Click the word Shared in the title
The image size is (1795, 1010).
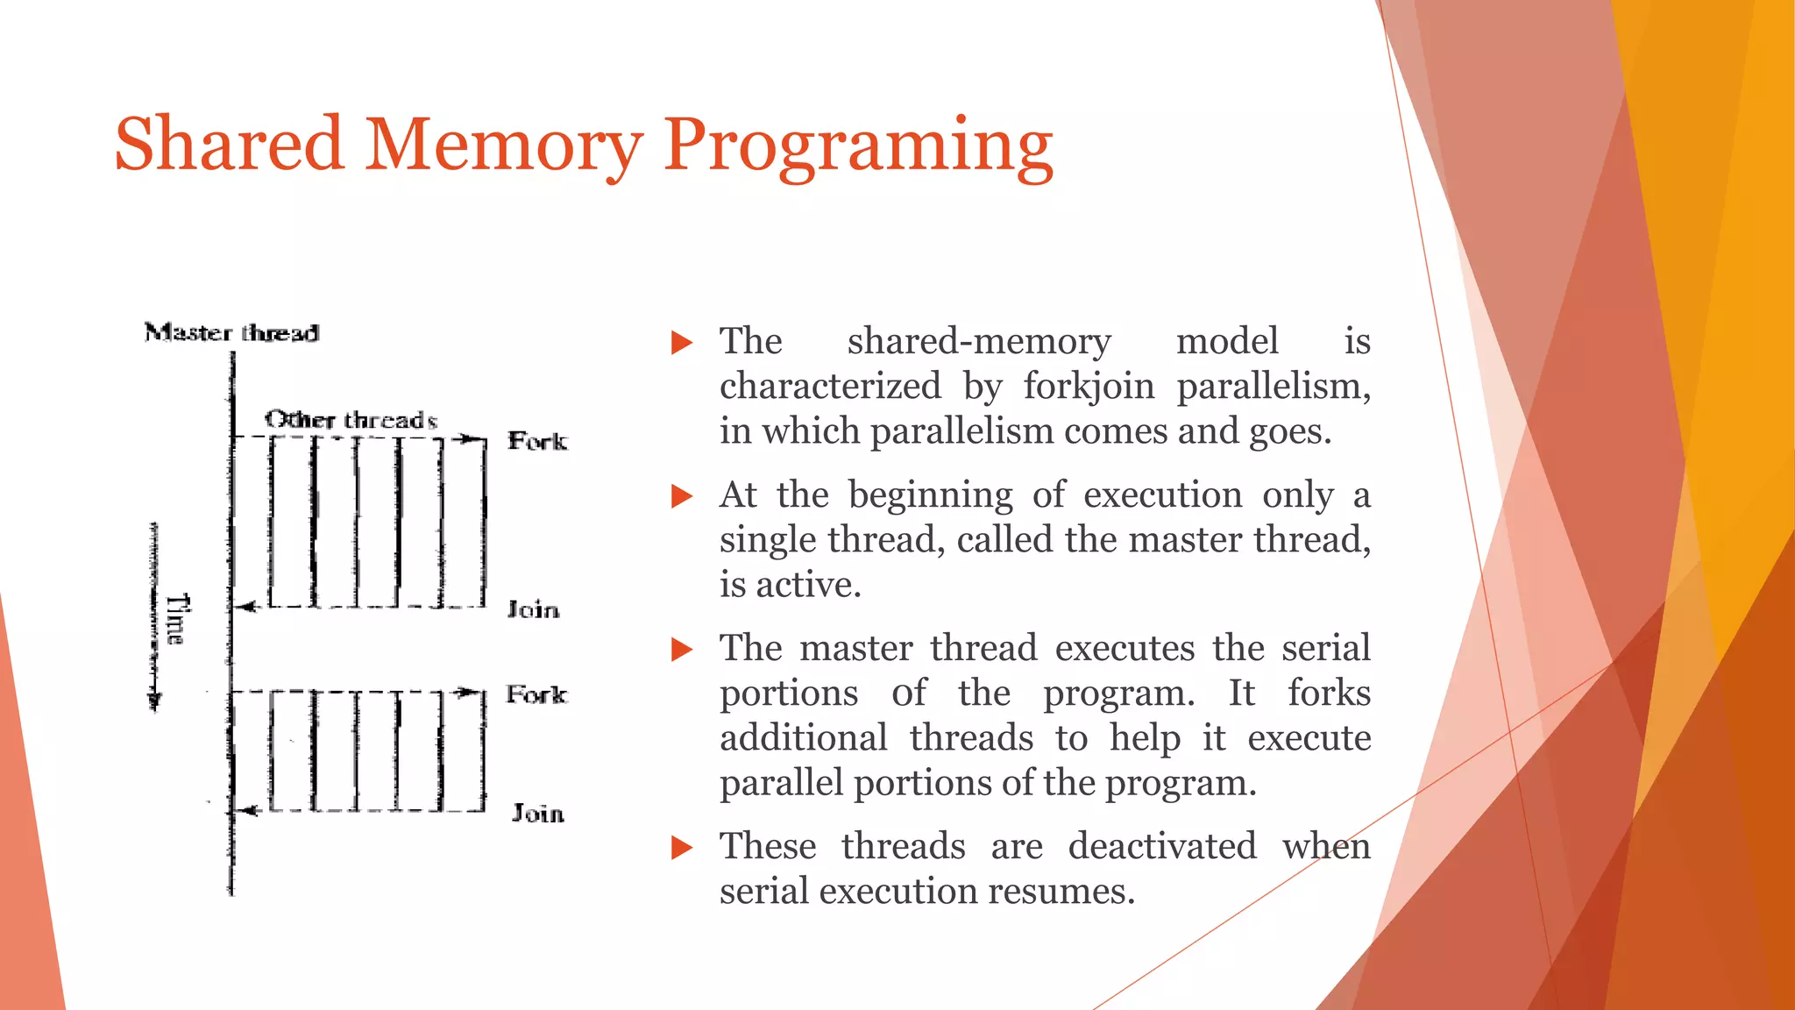coord(228,145)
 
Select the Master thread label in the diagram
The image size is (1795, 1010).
coord(231,333)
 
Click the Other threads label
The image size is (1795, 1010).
coord(351,420)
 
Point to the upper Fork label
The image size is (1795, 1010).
coord(537,441)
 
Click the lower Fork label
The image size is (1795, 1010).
coord(536,695)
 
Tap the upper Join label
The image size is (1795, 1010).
coord(533,609)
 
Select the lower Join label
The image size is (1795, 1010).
coord(537,814)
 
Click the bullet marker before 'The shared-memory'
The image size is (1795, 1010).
coord(681,343)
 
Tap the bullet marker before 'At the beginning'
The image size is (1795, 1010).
coord(681,496)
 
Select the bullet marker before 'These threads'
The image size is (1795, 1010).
coord(681,848)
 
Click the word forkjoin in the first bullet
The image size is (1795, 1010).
coord(1089,387)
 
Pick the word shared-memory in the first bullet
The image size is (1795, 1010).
coord(978,341)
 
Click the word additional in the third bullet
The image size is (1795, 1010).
coord(804,737)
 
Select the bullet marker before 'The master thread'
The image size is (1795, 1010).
coord(681,650)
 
